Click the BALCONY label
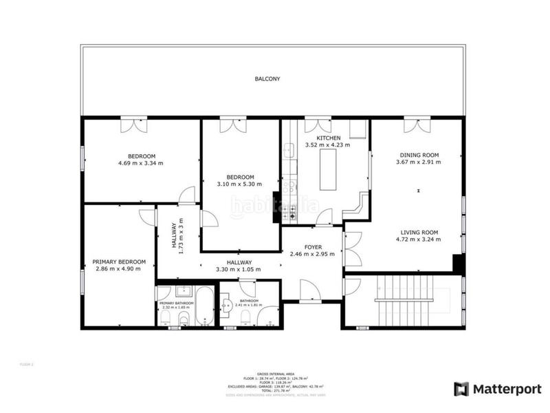point(267,79)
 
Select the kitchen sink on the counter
point(289,149)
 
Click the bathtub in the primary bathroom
point(203,306)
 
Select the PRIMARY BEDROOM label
point(120,262)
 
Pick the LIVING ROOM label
point(419,232)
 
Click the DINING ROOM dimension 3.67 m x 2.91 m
point(419,163)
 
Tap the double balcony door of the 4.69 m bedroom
point(134,125)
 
